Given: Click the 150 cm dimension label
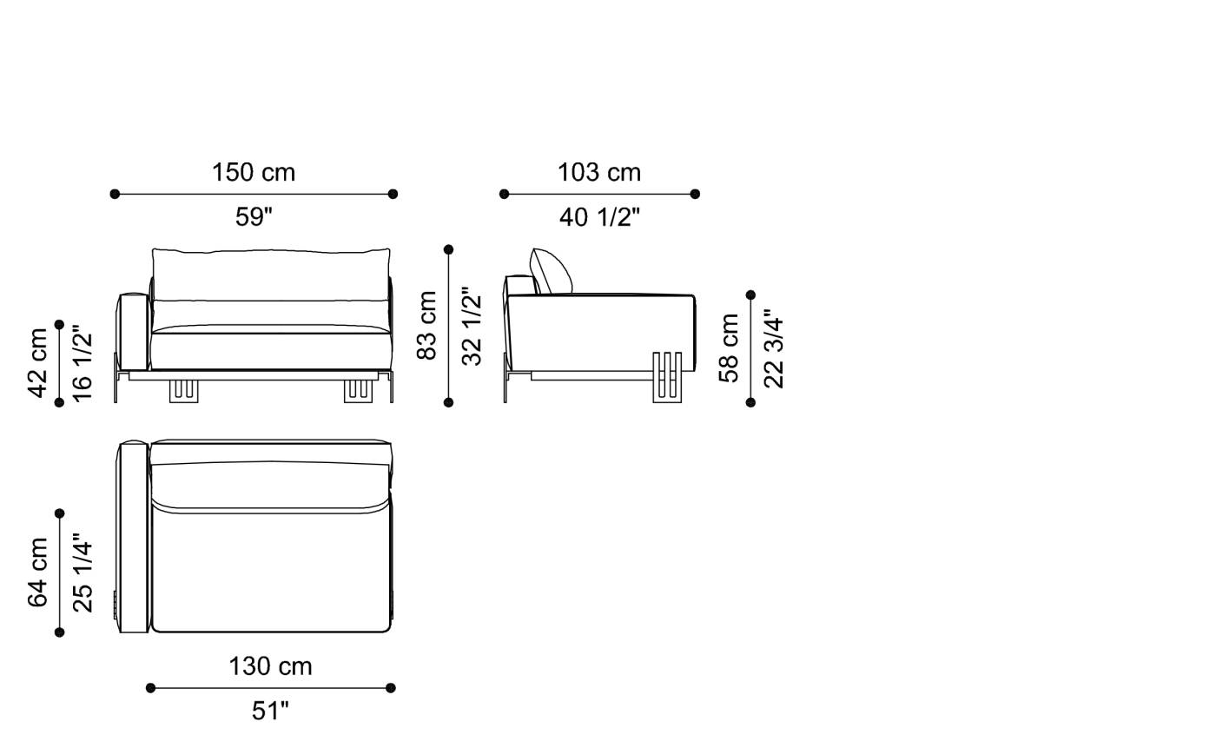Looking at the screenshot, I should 254,172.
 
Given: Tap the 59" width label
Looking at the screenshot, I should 254,216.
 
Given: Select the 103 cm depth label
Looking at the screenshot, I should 599,172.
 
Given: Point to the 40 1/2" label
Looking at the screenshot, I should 599,216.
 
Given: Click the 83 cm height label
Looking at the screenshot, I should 427,326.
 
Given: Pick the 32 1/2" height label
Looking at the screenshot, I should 471,326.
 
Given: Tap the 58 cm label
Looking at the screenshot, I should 730,348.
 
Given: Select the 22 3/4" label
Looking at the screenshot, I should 773,348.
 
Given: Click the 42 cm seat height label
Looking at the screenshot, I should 38,362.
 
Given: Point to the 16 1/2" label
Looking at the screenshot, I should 82,362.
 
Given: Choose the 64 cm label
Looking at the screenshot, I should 38,573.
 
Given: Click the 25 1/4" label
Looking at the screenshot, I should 82,573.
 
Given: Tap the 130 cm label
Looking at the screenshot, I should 270,666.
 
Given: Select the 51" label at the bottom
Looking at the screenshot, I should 270,711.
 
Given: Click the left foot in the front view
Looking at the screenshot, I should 184,391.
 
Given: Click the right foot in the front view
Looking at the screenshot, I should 358,391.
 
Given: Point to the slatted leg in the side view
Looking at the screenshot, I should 667,377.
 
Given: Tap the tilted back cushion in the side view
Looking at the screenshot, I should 551,272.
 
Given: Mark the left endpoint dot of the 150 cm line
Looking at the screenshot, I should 115,194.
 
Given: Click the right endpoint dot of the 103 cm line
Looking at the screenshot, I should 695,194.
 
